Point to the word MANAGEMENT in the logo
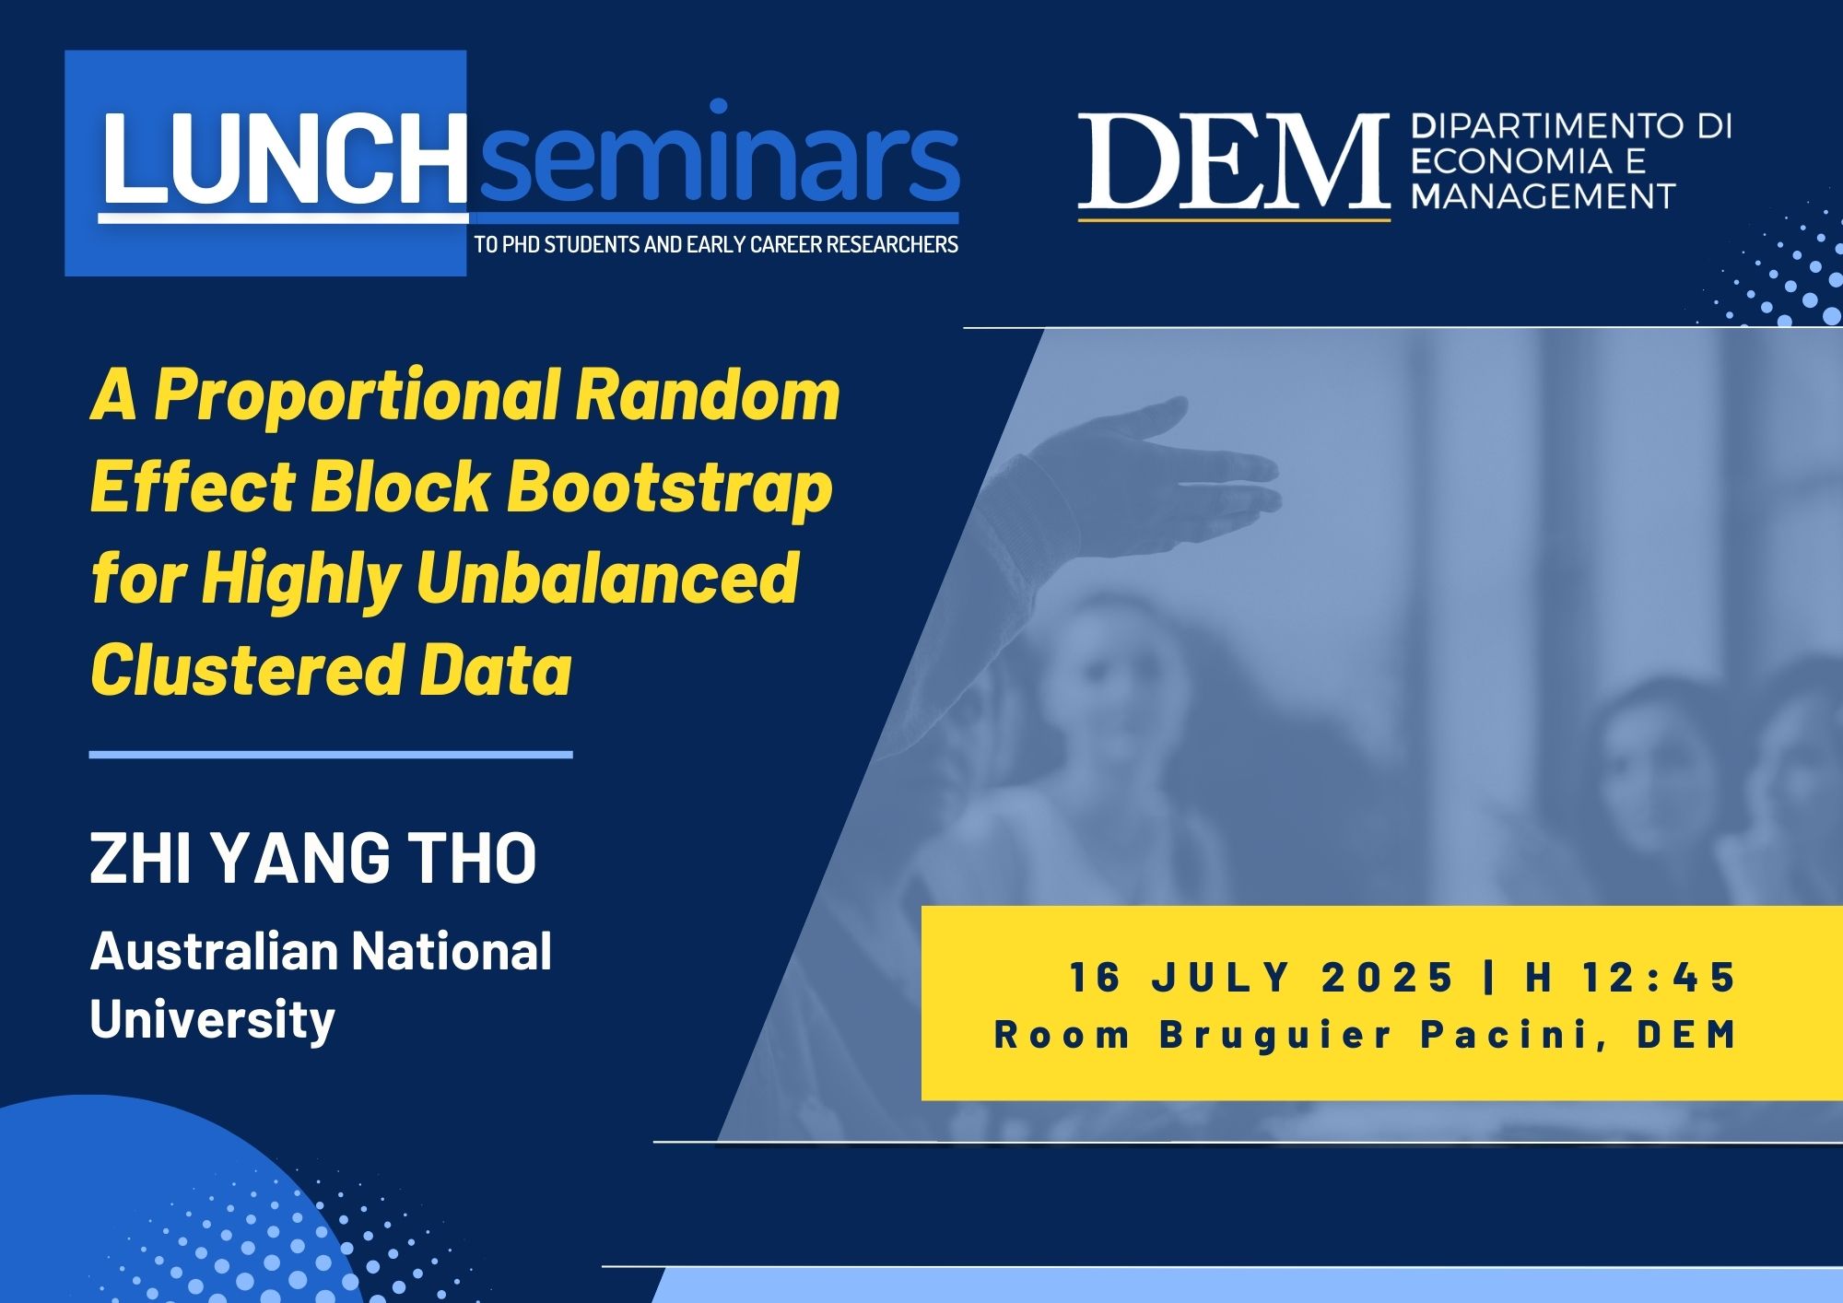point(1544,196)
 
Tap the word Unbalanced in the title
point(607,577)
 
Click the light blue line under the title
point(331,755)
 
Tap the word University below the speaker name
point(212,1021)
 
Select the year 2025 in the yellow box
point(1387,977)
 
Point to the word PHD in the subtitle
point(522,245)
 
